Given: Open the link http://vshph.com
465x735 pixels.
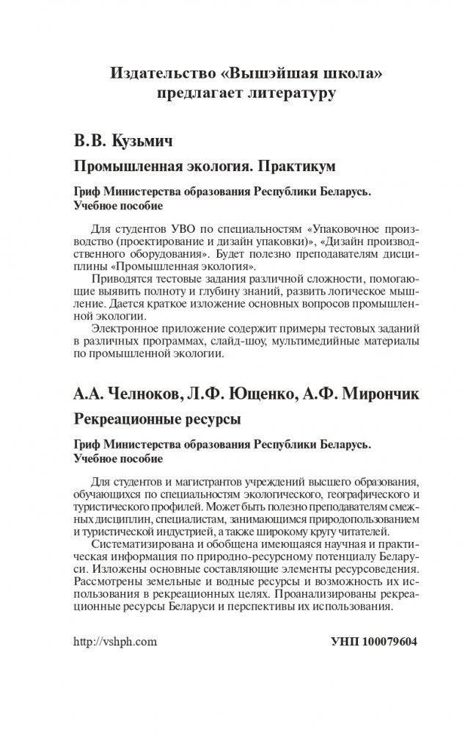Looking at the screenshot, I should [x=116, y=641].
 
